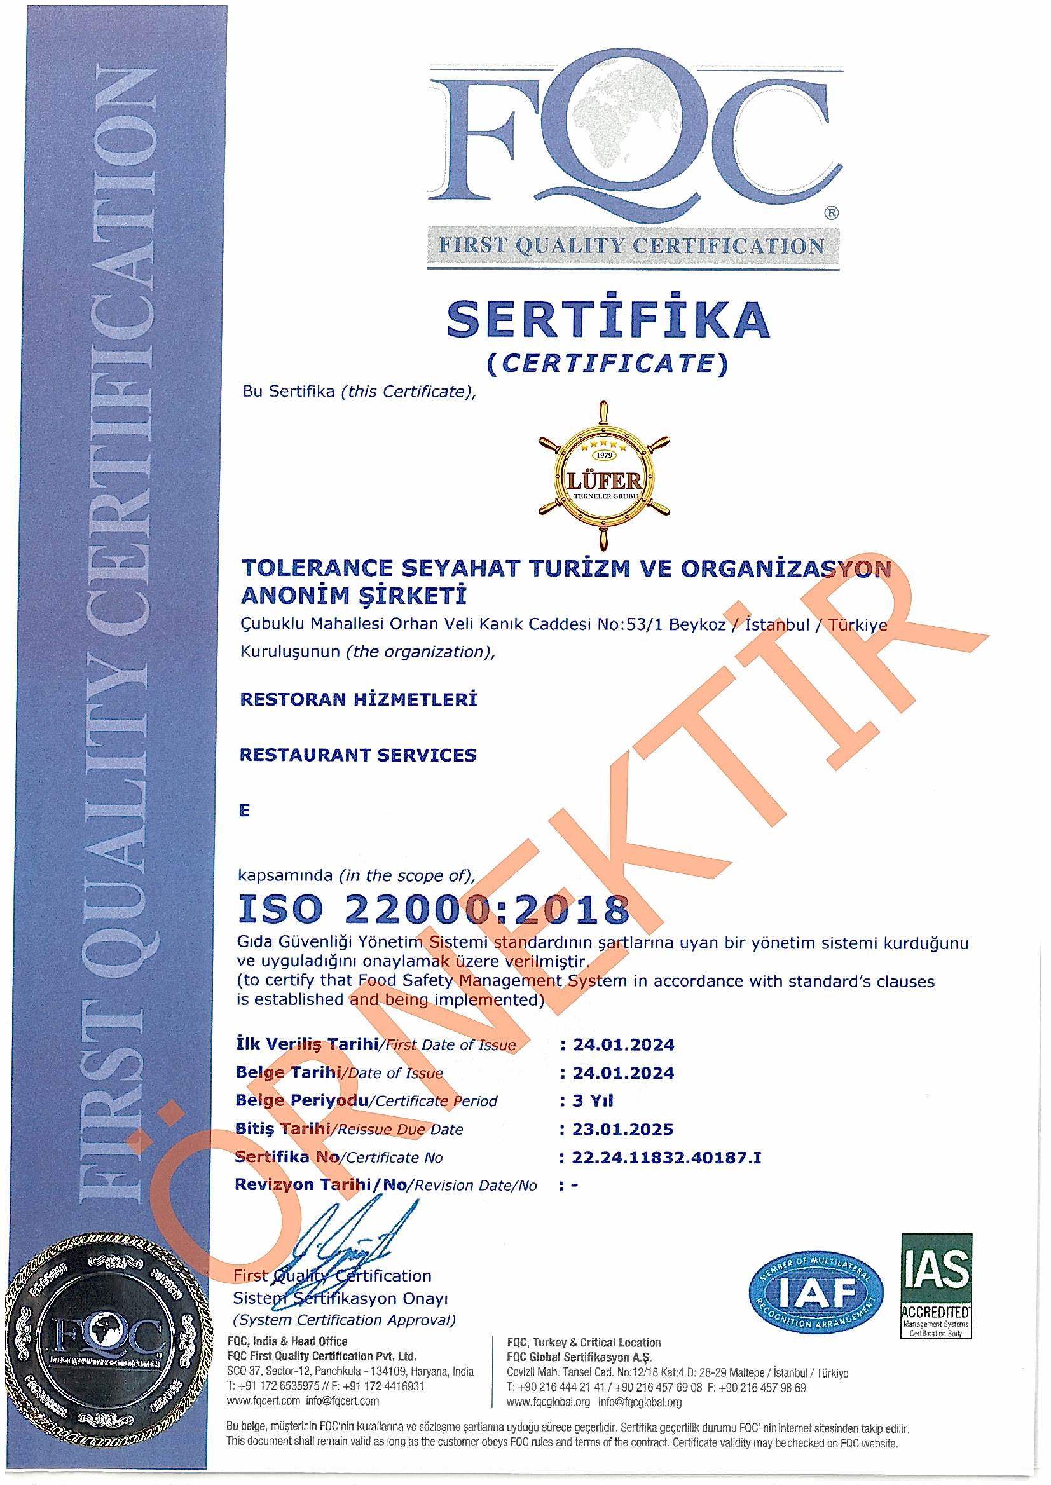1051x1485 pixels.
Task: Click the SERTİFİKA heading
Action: coord(608,319)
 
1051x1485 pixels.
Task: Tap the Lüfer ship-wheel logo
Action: coord(604,475)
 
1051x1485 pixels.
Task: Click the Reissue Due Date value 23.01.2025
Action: coord(622,1129)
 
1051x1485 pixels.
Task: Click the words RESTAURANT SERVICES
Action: coord(358,755)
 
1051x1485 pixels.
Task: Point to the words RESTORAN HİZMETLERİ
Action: coord(359,699)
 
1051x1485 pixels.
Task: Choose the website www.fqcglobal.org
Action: coord(549,1403)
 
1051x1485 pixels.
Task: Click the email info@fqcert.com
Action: coord(342,1401)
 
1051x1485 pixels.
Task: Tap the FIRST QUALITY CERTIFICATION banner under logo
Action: coord(631,246)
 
